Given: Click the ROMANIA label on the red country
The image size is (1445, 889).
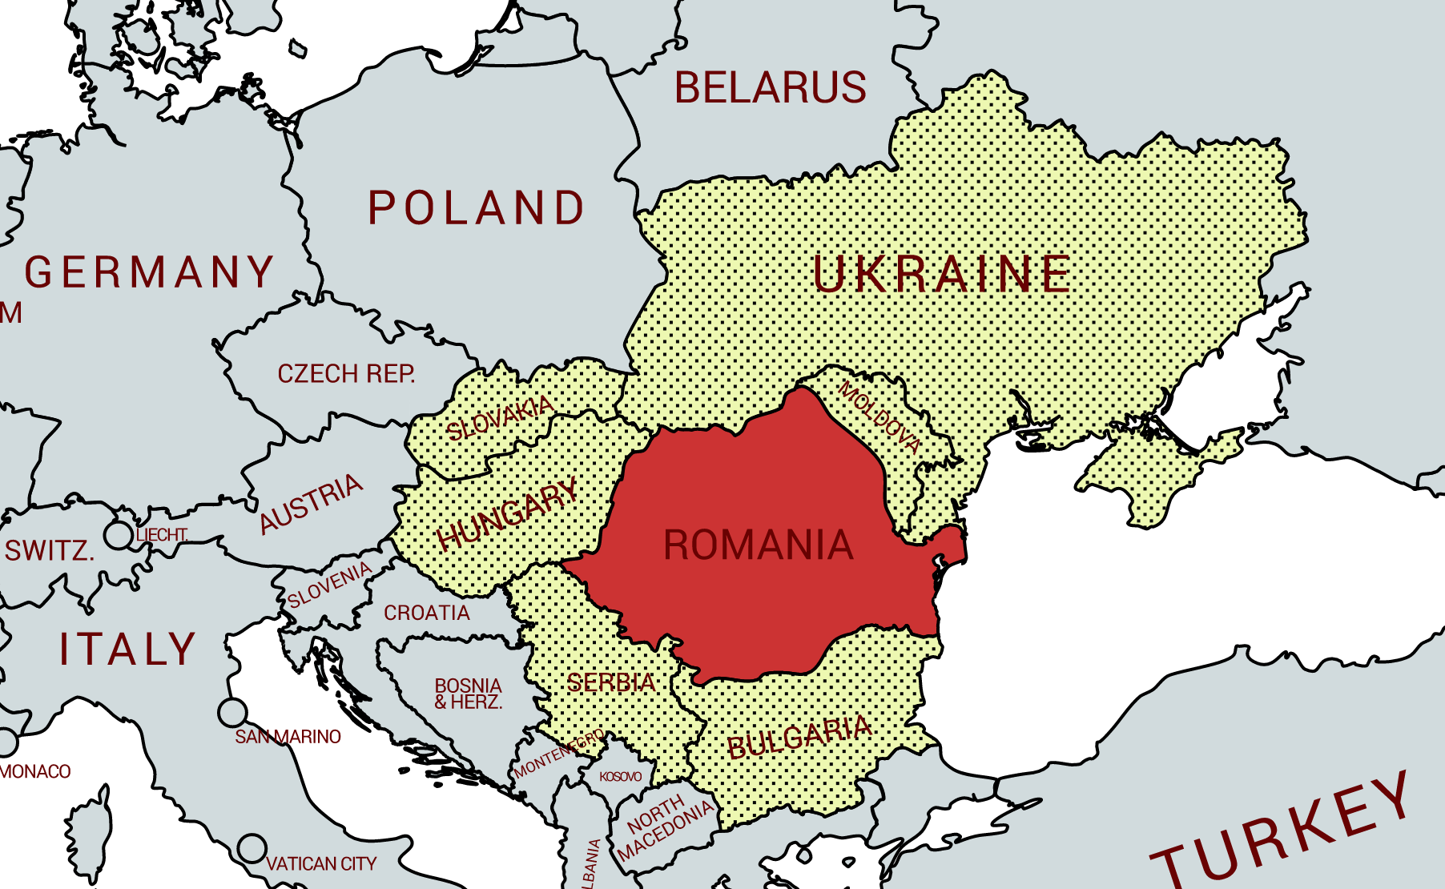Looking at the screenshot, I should pos(758,545).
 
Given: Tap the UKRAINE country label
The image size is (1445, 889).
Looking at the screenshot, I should pos(941,275).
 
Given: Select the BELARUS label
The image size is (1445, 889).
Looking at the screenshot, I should pos(770,87).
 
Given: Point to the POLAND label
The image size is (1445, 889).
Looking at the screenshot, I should pos(477,208).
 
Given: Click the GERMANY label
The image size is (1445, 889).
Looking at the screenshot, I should pos(150,272).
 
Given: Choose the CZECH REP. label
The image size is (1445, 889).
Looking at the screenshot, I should pos(346,374).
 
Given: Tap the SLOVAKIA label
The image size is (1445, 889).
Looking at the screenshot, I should pos(500,418).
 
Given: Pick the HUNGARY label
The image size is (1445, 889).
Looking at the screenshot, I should pos(507,513).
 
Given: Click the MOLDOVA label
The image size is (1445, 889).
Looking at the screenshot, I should pos(879,417).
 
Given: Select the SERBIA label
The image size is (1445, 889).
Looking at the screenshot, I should pos(611,683).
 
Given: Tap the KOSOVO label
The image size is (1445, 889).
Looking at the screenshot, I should pos(621,777).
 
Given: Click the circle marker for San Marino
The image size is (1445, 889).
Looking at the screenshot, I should pos(232,712).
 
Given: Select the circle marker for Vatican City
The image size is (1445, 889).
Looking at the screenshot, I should pos(252,848).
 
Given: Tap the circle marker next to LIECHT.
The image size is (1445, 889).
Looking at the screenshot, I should pos(119,535).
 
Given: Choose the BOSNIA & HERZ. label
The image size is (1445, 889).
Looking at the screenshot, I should pos(468,694).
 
